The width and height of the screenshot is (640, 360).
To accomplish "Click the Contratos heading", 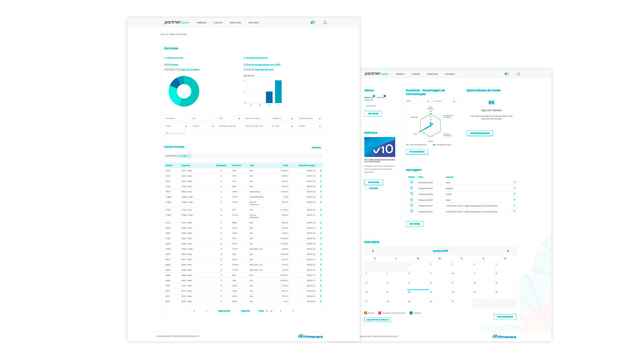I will tap(171, 48).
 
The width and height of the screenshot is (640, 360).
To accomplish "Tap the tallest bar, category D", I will tap(278, 92).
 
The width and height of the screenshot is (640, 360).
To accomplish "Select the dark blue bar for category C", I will tap(269, 97).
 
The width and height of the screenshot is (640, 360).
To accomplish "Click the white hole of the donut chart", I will tap(184, 91).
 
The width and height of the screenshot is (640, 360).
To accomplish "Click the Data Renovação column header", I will tap(307, 165).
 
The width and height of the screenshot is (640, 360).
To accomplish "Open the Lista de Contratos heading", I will tap(174, 147).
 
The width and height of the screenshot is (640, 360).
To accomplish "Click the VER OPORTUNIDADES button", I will tap(479, 133).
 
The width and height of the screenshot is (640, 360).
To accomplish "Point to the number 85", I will tap(491, 103).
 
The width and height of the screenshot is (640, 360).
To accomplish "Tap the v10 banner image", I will tap(380, 147).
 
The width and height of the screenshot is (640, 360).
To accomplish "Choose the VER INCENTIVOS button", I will tap(417, 152).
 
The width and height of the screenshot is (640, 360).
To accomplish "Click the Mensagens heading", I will tap(413, 170).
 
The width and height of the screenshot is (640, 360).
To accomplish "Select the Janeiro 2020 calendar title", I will tap(440, 251).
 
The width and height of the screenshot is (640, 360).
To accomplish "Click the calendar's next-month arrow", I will tap(508, 251).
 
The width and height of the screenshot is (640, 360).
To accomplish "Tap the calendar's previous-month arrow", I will tap(373, 251).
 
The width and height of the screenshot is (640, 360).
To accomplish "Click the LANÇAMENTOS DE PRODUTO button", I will tap(377, 320).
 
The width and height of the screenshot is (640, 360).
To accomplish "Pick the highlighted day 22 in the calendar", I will tap(409, 292).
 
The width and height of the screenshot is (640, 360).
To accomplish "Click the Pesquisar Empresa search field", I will tap(243, 133).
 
